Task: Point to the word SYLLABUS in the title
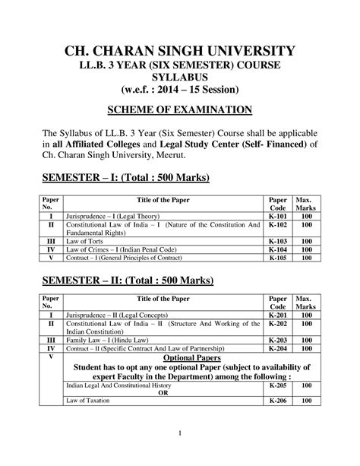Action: point(179,81)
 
